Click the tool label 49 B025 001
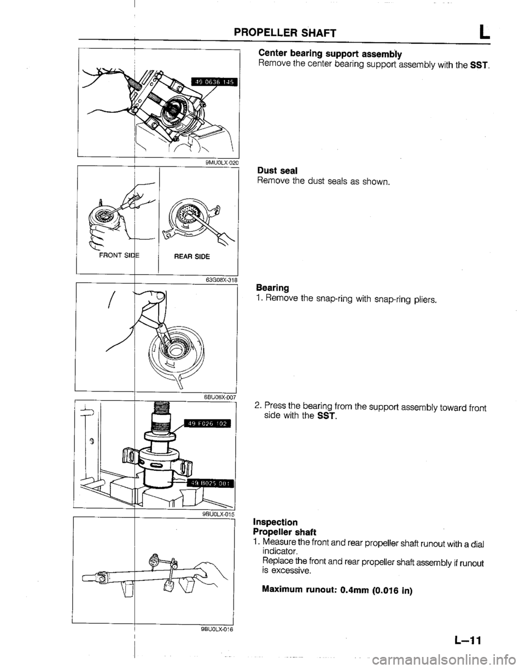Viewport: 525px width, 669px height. click(210, 482)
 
